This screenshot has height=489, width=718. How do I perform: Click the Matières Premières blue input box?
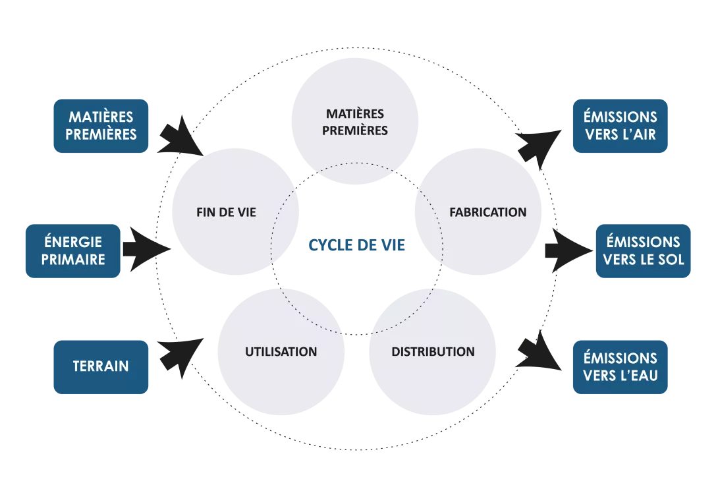[x=102, y=127]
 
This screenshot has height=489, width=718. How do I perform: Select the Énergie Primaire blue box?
[x=72, y=250]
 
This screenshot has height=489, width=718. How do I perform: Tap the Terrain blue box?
[x=101, y=367]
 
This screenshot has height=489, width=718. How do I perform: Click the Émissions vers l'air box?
[x=619, y=127]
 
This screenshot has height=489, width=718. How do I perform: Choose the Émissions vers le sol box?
[x=643, y=250]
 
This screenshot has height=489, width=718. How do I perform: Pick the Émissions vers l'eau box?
[x=619, y=367]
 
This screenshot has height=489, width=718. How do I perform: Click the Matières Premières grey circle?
[x=355, y=122]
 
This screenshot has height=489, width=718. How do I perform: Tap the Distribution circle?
[x=432, y=351]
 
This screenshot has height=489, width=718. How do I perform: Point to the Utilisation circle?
[x=281, y=351]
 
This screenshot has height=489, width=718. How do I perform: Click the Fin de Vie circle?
[x=227, y=212]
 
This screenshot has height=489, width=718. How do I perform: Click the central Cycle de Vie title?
[x=356, y=246]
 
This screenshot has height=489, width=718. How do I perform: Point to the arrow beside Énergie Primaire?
[x=145, y=249]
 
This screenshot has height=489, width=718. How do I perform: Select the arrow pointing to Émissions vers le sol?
[x=566, y=249]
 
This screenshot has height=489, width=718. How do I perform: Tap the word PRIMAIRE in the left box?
[x=73, y=259]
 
